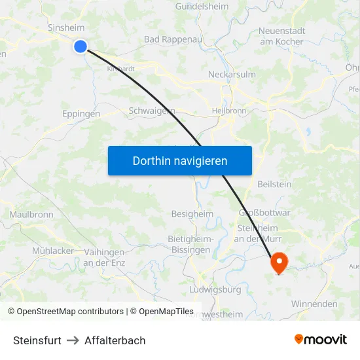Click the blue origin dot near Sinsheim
81,46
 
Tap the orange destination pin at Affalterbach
279,262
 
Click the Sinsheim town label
66,28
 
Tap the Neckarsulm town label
232,74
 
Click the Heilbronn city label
229,111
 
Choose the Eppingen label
81,113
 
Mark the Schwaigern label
152,111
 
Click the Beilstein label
275,184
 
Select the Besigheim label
192,213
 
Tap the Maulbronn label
31,214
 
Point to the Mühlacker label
53,251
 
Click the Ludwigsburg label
215,289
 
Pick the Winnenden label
314,304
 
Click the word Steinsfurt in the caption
37,340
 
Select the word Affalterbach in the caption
115,340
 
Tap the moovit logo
320,339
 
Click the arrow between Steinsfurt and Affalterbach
73,340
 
